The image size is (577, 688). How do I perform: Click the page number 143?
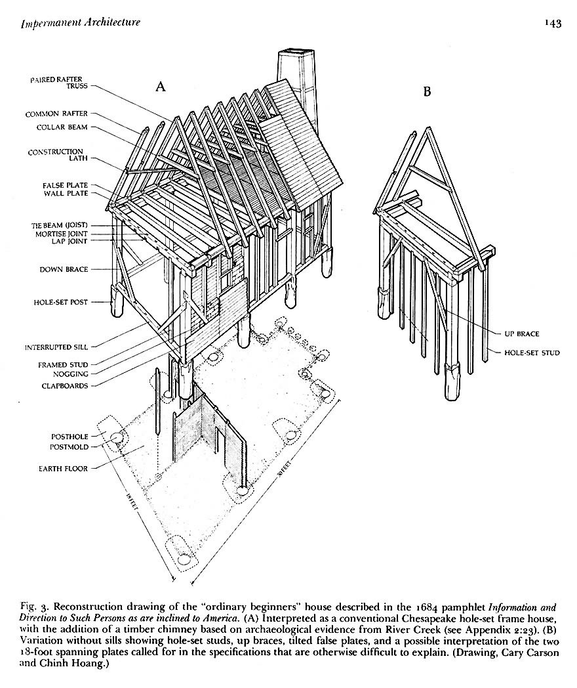(552, 24)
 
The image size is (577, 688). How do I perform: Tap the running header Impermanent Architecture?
(81, 23)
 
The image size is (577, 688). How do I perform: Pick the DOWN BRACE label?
(64, 269)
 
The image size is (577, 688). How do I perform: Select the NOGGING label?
(70, 375)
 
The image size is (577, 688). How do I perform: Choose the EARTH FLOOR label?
(62, 469)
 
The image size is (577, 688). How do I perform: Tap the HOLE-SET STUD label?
(532, 353)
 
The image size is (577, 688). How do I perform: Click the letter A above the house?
(159, 86)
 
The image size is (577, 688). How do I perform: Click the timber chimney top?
(290, 54)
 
